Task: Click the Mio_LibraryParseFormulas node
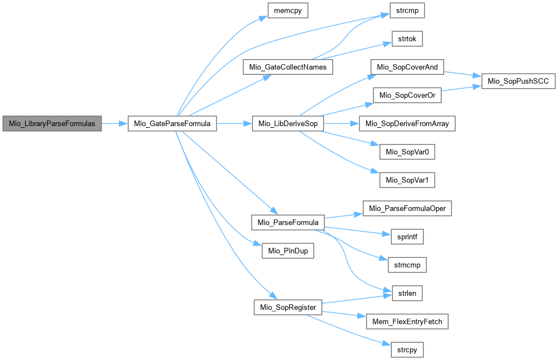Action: point(52,124)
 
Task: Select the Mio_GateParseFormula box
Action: point(172,124)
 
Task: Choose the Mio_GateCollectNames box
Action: point(287,68)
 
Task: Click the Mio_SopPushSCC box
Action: point(518,81)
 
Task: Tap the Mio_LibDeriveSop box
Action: point(287,124)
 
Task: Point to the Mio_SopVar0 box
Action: point(407,152)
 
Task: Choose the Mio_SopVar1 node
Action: point(407,180)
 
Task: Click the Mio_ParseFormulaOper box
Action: point(407,208)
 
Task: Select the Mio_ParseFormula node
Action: point(288,222)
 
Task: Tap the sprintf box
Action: point(407,237)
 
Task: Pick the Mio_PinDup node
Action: point(288,251)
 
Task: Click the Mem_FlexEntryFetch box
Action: point(407,321)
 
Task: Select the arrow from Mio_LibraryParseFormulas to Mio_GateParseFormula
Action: point(115,124)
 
